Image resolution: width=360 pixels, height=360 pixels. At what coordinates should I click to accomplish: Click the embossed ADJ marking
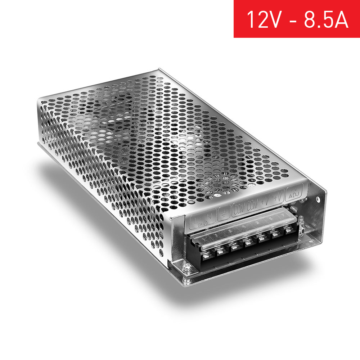click(292, 195)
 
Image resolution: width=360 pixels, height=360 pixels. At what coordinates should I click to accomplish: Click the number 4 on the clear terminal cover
click(244, 226)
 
